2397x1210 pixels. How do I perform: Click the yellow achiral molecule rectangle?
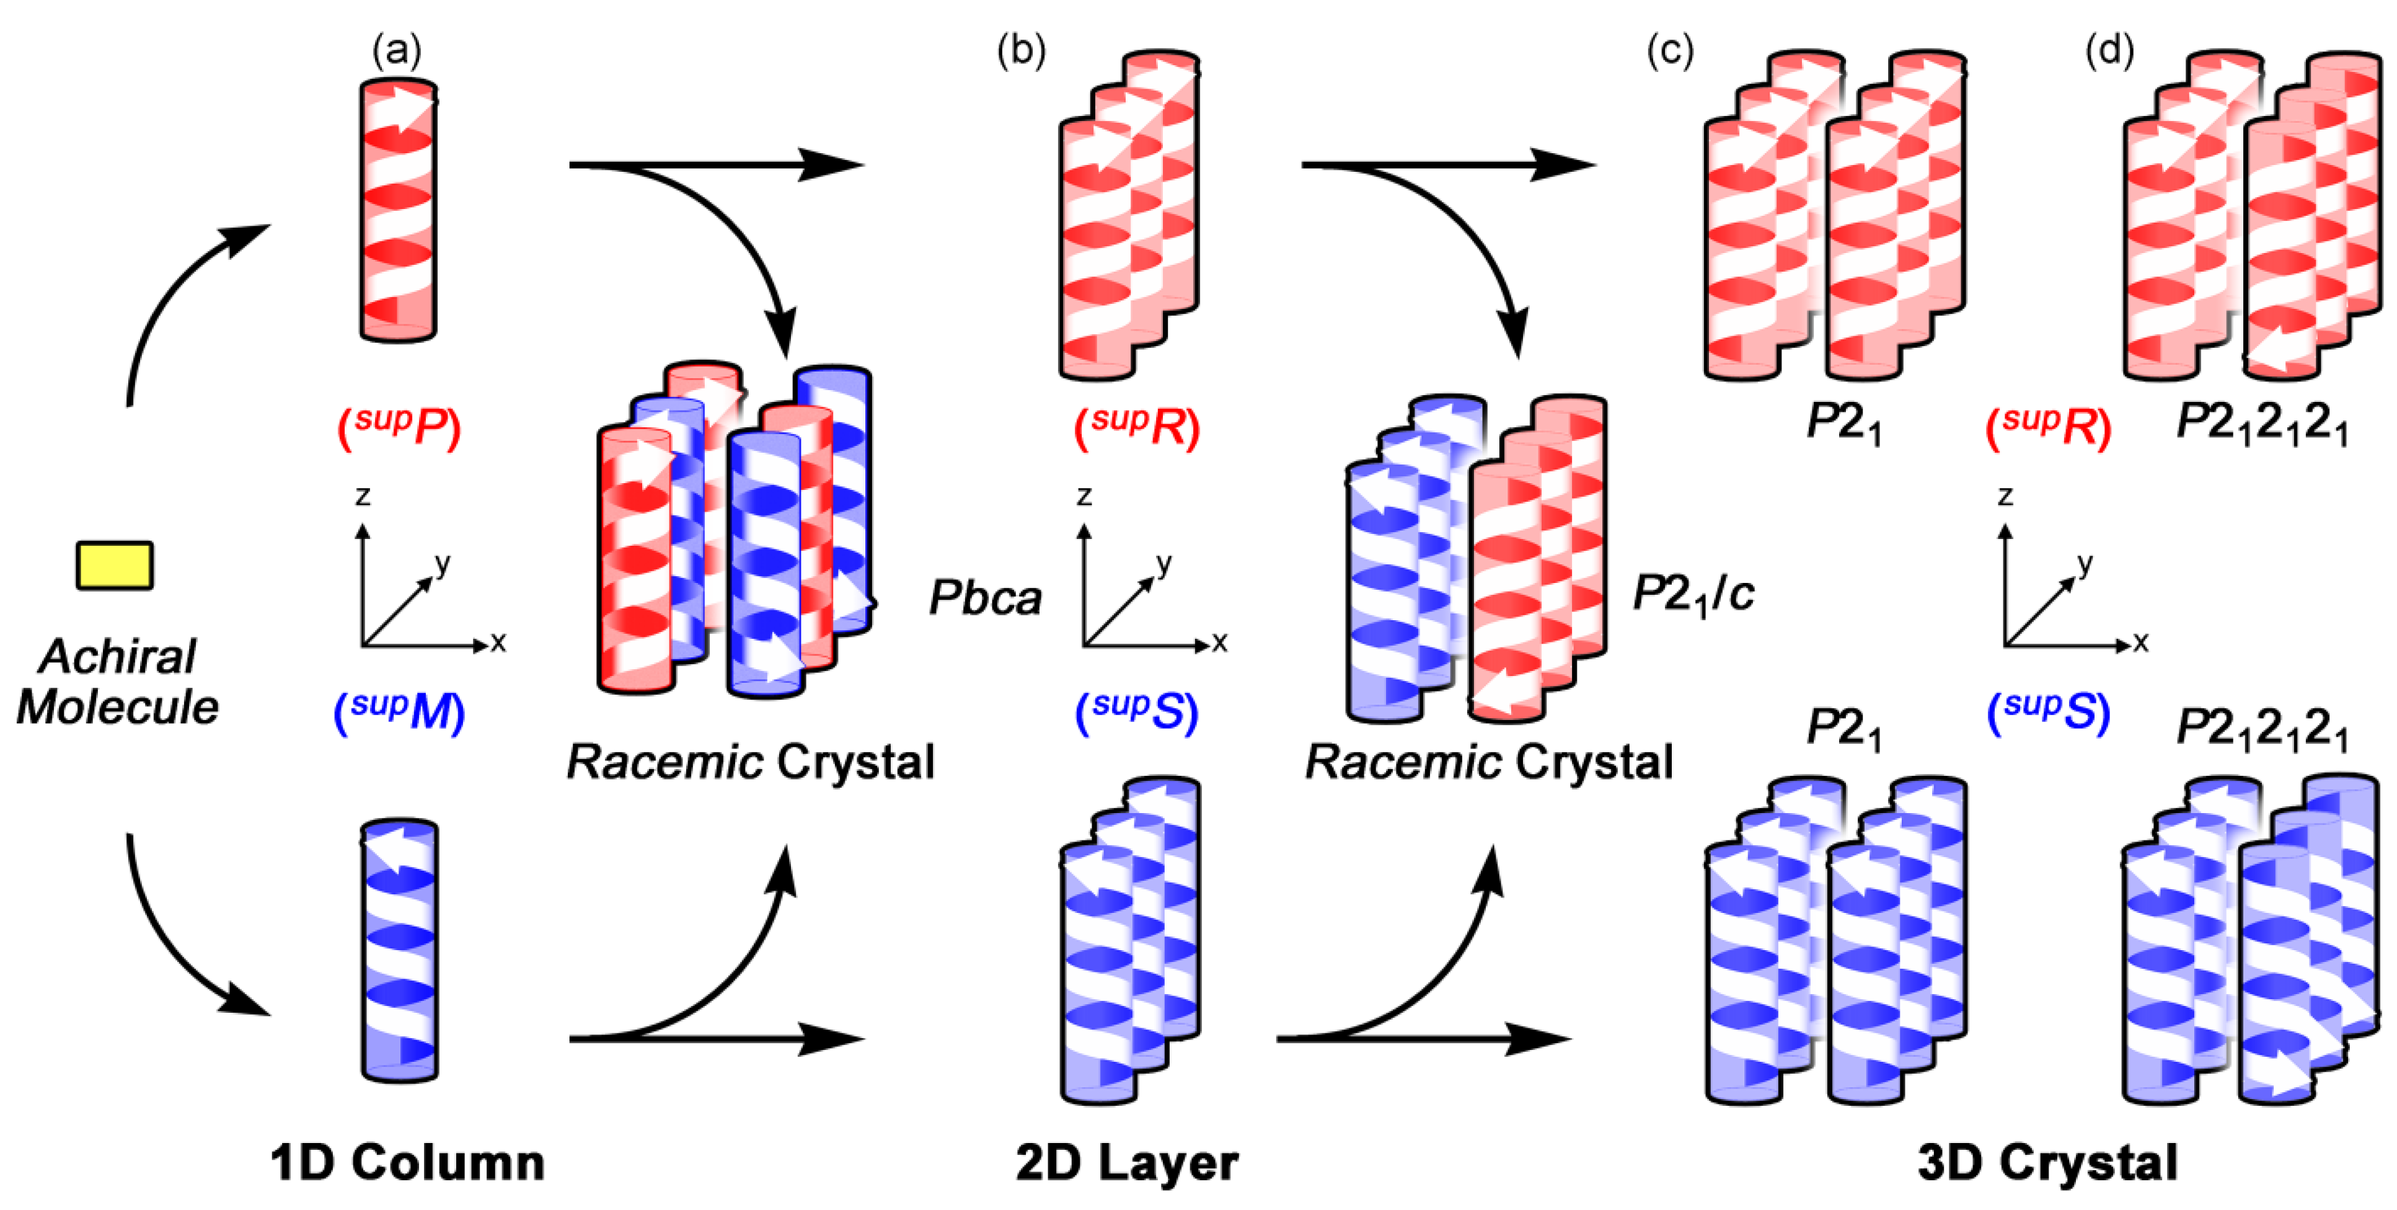click(x=115, y=565)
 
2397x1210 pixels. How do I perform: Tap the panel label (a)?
click(x=396, y=50)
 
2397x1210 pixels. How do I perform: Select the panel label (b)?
click(x=1021, y=50)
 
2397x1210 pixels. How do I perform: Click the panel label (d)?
click(x=2109, y=50)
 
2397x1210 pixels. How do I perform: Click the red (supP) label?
click(x=398, y=427)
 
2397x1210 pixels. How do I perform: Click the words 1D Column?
click(x=407, y=1162)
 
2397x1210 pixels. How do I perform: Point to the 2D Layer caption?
click(x=1127, y=1162)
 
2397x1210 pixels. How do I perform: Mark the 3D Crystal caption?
click(x=2047, y=1162)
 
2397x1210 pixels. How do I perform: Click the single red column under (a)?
click(x=398, y=210)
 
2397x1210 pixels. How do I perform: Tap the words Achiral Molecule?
click(x=117, y=682)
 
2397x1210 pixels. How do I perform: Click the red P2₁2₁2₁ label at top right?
click(x=2262, y=424)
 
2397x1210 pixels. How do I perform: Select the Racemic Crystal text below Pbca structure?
click(x=750, y=762)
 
